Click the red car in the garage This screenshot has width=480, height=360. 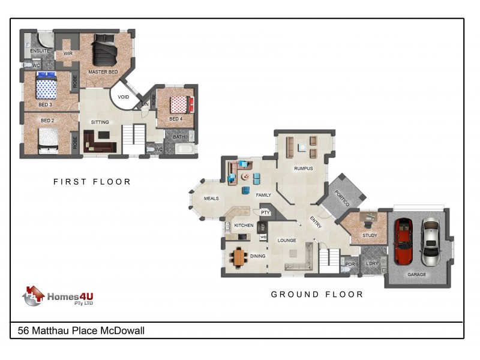pyautogui.click(x=404, y=242)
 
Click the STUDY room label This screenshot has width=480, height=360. pyautogui.click(x=370, y=235)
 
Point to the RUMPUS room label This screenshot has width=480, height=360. pyautogui.click(x=303, y=169)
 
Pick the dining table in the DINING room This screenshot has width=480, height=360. pyautogui.click(x=239, y=257)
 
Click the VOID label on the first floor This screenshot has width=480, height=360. pyautogui.click(x=123, y=97)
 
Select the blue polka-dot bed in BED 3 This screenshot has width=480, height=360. pyautogui.click(x=46, y=88)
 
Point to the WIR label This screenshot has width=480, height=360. pyautogui.click(x=68, y=53)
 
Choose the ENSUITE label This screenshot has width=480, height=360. pyautogui.click(x=40, y=51)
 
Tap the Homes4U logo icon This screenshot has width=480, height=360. pyautogui.click(x=35, y=296)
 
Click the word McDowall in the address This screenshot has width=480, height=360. pyautogui.click(x=121, y=331)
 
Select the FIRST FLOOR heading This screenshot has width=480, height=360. pyautogui.click(x=92, y=182)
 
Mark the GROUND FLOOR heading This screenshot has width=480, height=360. pyautogui.click(x=317, y=294)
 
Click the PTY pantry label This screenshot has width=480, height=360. pyautogui.click(x=265, y=212)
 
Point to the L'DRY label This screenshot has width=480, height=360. pyautogui.click(x=372, y=263)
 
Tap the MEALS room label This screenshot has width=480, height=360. pyautogui.click(x=211, y=199)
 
